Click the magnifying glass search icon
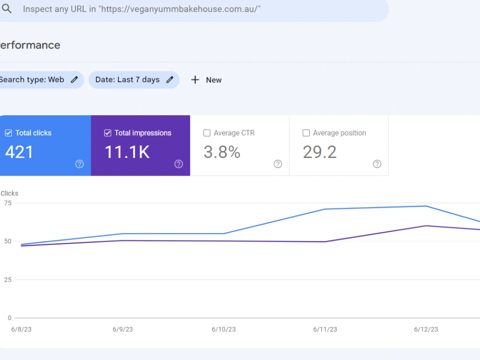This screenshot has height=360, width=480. pyautogui.click(x=7, y=9)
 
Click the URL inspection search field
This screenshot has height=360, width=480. pyautogui.click(x=193, y=9)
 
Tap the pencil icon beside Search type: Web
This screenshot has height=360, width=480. pyautogui.click(x=74, y=80)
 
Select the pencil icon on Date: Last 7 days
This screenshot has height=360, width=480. pyautogui.click(x=170, y=80)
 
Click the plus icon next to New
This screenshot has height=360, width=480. pyautogui.click(x=195, y=80)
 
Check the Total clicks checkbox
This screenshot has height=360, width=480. pyautogui.click(x=9, y=133)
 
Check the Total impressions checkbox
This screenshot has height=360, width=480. pyautogui.click(x=108, y=133)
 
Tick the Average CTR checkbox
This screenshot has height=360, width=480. pyautogui.click(x=207, y=133)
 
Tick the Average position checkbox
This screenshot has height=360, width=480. pyautogui.click(x=306, y=133)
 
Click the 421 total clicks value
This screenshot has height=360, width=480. pyautogui.click(x=19, y=152)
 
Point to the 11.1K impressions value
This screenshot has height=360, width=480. pyautogui.click(x=127, y=152)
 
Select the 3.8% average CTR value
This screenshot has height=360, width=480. pyautogui.click(x=222, y=152)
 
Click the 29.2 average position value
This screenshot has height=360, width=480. pyautogui.click(x=320, y=152)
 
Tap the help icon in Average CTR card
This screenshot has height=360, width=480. pyautogui.click(x=278, y=164)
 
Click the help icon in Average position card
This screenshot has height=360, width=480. pyautogui.click(x=377, y=164)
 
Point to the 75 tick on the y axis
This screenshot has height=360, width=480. pyautogui.click(x=8, y=203)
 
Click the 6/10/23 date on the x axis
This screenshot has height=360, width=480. pyautogui.click(x=224, y=329)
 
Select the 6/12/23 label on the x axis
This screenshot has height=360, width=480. pyautogui.click(x=426, y=329)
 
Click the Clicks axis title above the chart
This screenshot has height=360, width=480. pyautogui.click(x=10, y=193)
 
